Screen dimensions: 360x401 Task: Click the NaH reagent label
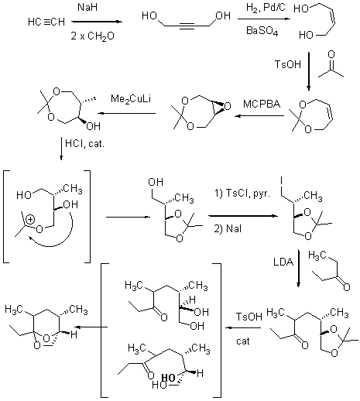pos(87,7)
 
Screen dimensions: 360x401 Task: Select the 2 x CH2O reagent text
pos(92,36)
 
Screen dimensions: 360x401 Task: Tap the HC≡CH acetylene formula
pos(46,22)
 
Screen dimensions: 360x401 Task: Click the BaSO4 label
pos(262,31)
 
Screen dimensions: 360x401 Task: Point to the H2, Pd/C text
pos(266,8)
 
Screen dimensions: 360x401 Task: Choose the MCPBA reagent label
pos(262,104)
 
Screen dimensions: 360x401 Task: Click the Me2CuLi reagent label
pos(131,99)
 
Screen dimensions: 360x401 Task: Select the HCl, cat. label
pos(85,143)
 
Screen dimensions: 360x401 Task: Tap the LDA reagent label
pos(283,262)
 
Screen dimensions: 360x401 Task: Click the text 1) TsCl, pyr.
pos(242,193)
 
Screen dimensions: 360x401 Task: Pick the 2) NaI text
pos(228,228)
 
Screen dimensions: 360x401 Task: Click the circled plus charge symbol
pos(30,220)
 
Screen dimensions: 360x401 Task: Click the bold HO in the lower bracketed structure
pos(168,378)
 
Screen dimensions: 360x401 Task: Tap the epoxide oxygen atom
pos(228,106)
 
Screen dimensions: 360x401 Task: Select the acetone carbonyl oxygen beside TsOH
pos(331,54)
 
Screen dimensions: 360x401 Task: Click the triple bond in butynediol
pos(187,26)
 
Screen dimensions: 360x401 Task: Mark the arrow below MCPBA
pos(259,116)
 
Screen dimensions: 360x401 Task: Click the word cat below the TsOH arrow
pos(243,341)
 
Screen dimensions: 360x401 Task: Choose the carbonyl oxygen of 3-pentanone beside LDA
pos(347,287)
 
